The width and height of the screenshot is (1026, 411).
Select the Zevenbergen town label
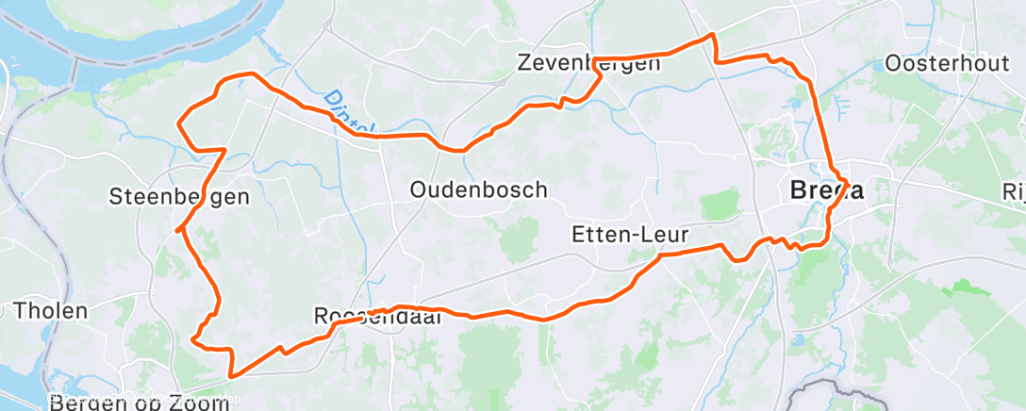tap(588, 64)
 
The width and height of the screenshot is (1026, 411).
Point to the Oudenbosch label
tap(478, 189)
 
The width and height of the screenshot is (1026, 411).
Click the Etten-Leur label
tap(630, 234)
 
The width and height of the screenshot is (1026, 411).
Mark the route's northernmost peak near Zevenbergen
tap(713, 36)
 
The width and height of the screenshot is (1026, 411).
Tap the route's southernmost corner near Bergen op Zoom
tap(231, 375)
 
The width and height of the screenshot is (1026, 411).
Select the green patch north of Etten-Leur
tap(720, 203)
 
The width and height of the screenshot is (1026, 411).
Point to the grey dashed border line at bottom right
tap(830, 386)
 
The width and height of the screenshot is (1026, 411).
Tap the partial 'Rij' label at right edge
tap(1016, 191)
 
